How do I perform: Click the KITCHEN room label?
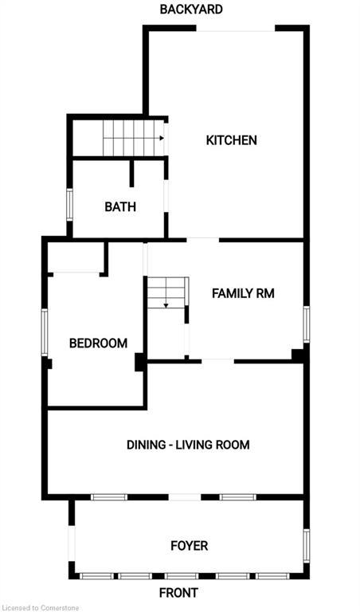tap(231, 140)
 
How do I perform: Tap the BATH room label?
tap(120, 207)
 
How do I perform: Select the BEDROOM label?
tap(98, 343)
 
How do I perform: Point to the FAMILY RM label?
tap(243, 293)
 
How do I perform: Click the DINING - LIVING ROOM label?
tap(188, 445)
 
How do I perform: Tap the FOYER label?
tap(189, 546)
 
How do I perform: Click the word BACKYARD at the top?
tap(191, 10)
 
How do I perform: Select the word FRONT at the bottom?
tap(178, 593)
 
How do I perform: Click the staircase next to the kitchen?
tap(132, 138)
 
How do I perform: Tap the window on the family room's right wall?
tap(306, 325)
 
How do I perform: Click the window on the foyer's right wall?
tap(306, 546)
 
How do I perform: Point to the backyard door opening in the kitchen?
tap(236, 30)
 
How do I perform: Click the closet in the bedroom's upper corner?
tap(76, 257)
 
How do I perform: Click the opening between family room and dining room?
tap(217, 362)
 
